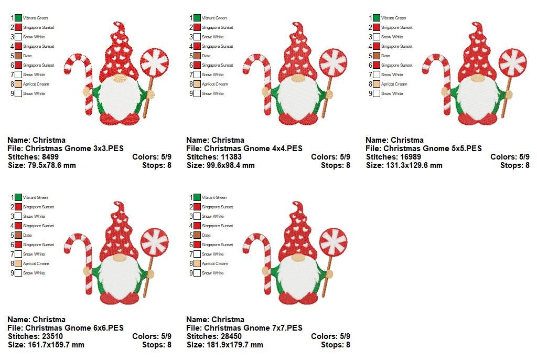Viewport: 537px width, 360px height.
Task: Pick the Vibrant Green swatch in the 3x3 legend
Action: (x=18, y=18)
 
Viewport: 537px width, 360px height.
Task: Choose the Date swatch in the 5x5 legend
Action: (x=377, y=56)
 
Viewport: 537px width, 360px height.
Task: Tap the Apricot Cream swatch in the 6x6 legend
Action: (x=18, y=263)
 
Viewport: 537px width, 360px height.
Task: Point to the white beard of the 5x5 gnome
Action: (x=477, y=100)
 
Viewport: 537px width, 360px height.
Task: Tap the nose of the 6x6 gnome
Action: (x=120, y=258)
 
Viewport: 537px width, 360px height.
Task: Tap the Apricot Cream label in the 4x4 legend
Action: (x=215, y=84)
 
